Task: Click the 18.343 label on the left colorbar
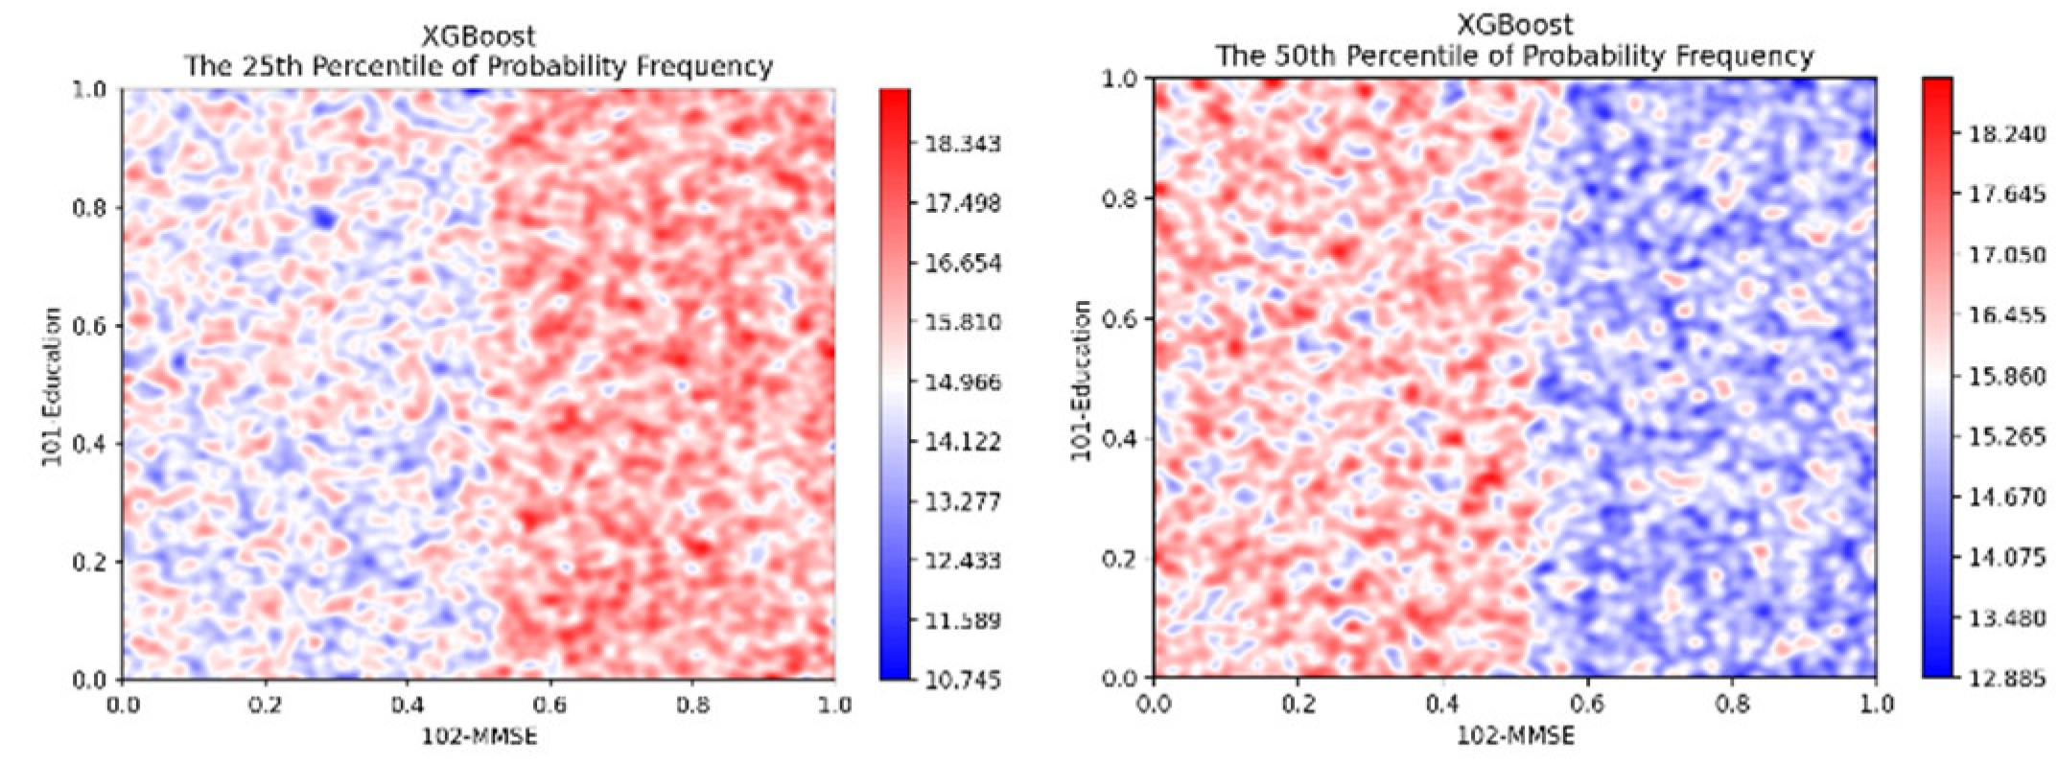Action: [x=962, y=144]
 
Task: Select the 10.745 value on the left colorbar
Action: [x=962, y=681]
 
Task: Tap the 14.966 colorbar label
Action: [x=962, y=382]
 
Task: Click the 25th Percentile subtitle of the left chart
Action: [x=479, y=66]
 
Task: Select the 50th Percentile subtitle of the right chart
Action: [x=1515, y=57]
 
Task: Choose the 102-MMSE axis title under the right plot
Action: [x=1515, y=735]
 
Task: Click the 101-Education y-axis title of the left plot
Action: [x=52, y=387]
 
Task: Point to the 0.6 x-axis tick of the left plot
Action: [x=550, y=706]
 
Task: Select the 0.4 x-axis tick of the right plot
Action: [x=1442, y=705]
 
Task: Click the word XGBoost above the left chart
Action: [x=479, y=37]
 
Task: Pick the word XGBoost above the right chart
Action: [x=1515, y=25]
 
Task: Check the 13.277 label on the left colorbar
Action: [x=962, y=502]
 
